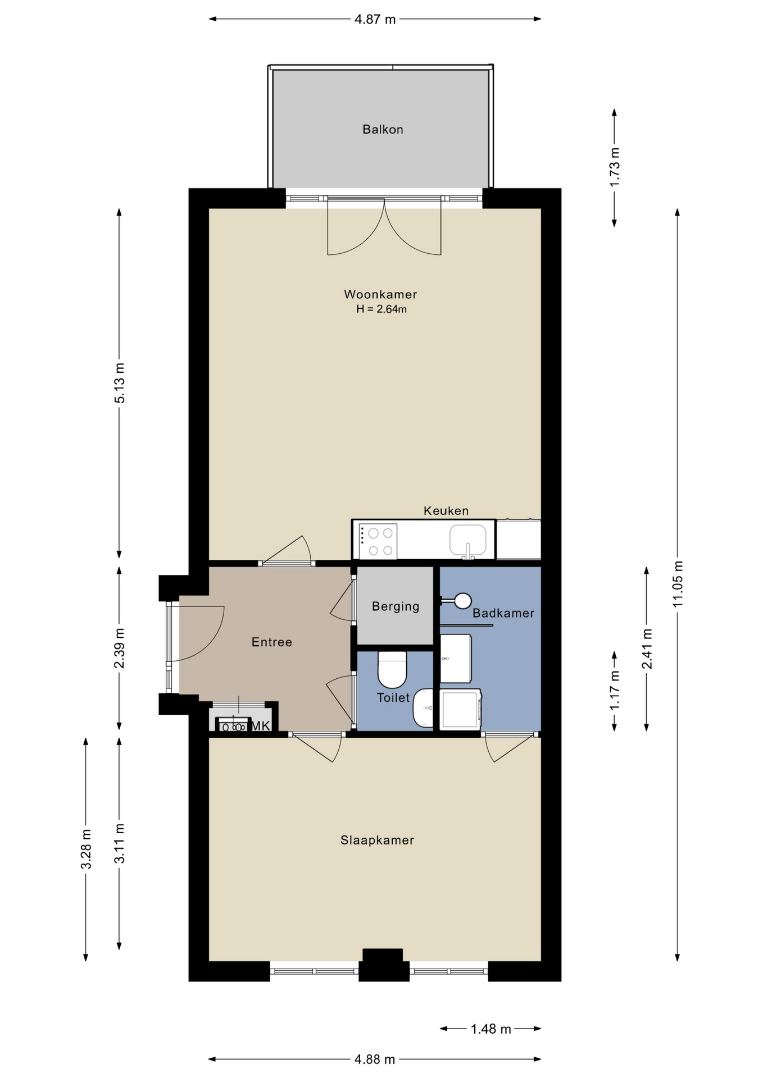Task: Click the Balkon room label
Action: pyautogui.click(x=383, y=130)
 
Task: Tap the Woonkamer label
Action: pyautogui.click(x=380, y=294)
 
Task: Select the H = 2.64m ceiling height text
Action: pyautogui.click(x=381, y=309)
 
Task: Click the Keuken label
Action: pyautogui.click(x=446, y=511)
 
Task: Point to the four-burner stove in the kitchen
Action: pyautogui.click(x=378, y=541)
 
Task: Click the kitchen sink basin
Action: pyautogui.click(x=467, y=541)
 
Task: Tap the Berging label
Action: pyautogui.click(x=396, y=606)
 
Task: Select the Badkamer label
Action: pyautogui.click(x=503, y=613)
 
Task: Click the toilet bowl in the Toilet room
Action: pyautogui.click(x=392, y=669)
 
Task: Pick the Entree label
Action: pyautogui.click(x=272, y=642)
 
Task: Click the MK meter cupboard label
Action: pyautogui.click(x=260, y=726)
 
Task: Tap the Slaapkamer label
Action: pyautogui.click(x=377, y=841)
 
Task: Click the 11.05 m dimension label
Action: pyautogui.click(x=678, y=583)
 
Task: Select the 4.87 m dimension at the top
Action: pyautogui.click(x=375, y=20)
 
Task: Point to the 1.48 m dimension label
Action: pyautogui.click(x=491, y=1029)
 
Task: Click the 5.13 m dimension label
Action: pyautogui.click(x=120, y=383)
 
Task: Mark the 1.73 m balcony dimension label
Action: pyautogui.click(x=615, y=167)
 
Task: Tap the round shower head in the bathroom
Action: pyautogui.click(x=463, y=601)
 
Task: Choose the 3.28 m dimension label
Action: pyautogui.click(x=86, y=849)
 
